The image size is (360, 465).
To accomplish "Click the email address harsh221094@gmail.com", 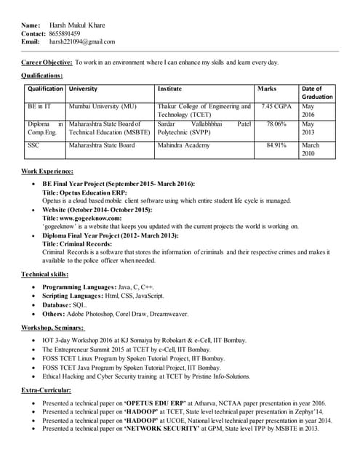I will click(82, 42).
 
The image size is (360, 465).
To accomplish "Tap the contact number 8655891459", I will click(65, 33).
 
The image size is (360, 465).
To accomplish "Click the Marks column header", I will click(267, 89).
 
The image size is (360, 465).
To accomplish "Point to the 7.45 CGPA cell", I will click(276, 107).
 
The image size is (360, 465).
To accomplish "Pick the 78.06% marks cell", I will click(276, 124).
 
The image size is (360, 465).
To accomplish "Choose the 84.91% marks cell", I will click(276, 145).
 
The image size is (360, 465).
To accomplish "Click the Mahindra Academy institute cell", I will click(182, 145).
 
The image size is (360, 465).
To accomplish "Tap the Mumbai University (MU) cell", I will click(103, 107).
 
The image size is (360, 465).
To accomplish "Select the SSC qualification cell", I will click(33, 145).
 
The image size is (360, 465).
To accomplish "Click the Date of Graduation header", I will click(316, 92).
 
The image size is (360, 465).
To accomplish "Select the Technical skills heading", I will click(45, 274).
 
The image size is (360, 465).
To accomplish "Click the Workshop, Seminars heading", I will click(52, 328).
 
